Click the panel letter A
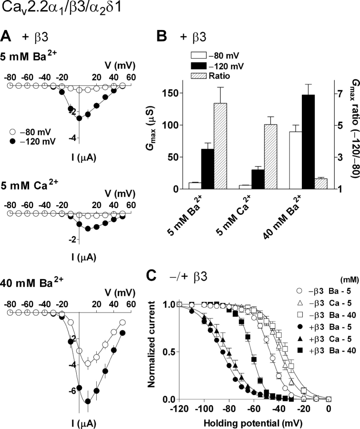(x=7, y=36)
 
